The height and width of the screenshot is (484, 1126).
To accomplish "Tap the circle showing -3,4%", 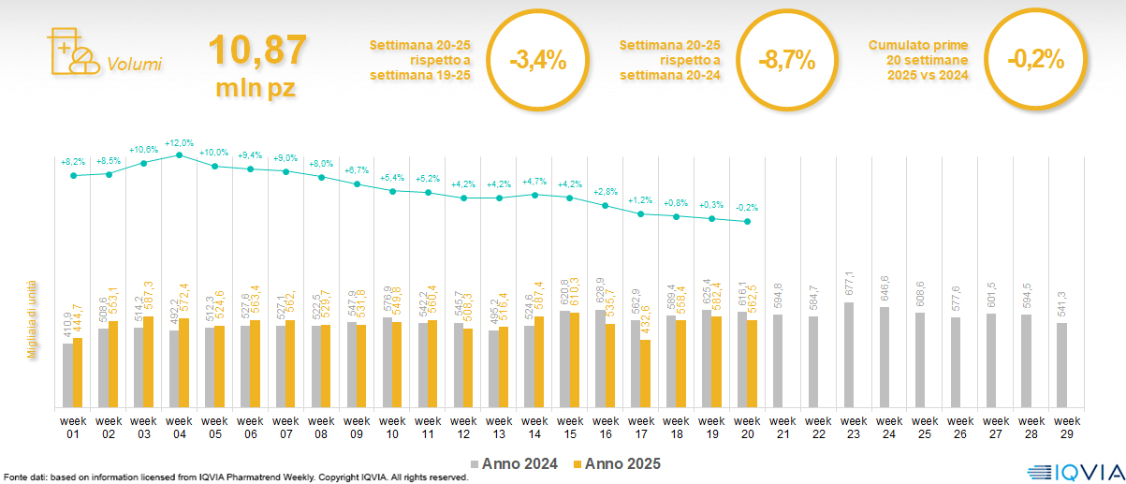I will tap(538, 61).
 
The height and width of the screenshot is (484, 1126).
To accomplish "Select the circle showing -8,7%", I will tap(787, 61).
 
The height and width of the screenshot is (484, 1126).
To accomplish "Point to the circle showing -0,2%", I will tap(1036, 60).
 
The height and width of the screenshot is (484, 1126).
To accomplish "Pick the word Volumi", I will tap(134, 65).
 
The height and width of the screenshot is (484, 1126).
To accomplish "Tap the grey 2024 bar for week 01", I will tap(67, 375).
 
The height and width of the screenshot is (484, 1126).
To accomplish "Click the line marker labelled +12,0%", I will tap(180, 154).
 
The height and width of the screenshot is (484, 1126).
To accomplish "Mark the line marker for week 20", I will tap(747, 222).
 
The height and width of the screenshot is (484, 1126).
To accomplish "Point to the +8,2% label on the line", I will tap(73, 162).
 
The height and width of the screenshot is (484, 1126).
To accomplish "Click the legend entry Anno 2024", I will tap(514, 463).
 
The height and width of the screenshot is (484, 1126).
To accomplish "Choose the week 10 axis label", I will tap(392, 427).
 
